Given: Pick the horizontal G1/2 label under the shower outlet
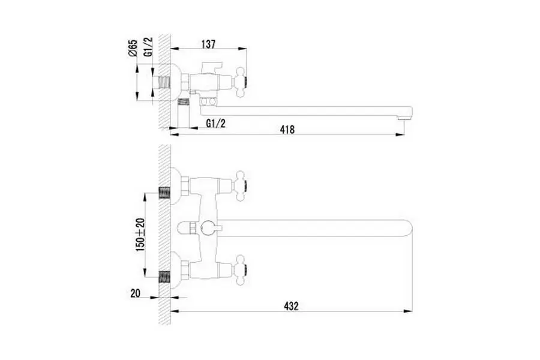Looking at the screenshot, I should tap(215, 123).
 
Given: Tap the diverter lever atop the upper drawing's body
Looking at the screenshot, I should tap(214, 65).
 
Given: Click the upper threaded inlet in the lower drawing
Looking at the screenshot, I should tap(163, 193).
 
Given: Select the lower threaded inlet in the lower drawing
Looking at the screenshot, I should tap(163, 277).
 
